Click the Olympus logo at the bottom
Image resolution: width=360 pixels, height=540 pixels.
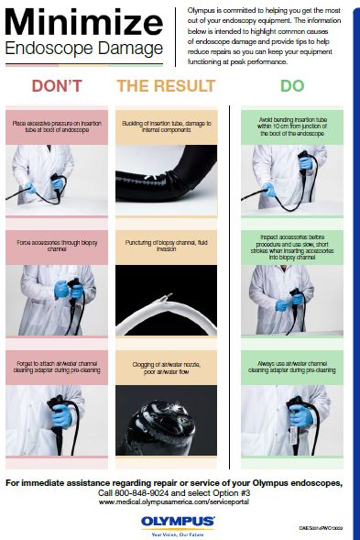[179, 521]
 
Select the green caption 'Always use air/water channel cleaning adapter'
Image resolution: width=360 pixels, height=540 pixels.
[289, 369]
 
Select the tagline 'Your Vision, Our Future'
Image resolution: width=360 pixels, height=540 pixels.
[179, 530]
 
